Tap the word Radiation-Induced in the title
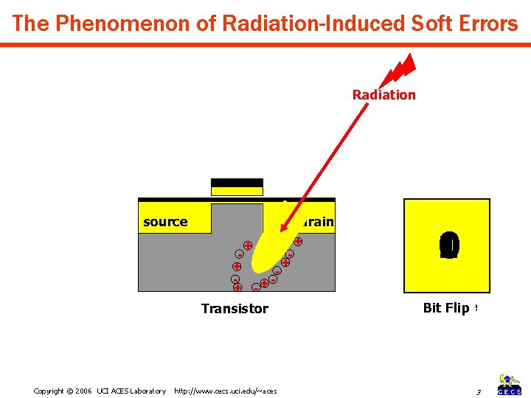(285, 24)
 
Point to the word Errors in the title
(483, 24)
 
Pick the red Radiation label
(383, 94)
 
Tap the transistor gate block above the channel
(237, 187)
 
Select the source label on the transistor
(165, 222)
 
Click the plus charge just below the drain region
(298, 241)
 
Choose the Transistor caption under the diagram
(235, 309)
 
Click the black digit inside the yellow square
(448, 245)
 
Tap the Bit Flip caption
(447, 308)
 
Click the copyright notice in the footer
(100, 391)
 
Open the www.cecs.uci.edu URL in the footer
(225, 391)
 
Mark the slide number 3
(478, 391)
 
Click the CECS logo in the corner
(510, 384)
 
